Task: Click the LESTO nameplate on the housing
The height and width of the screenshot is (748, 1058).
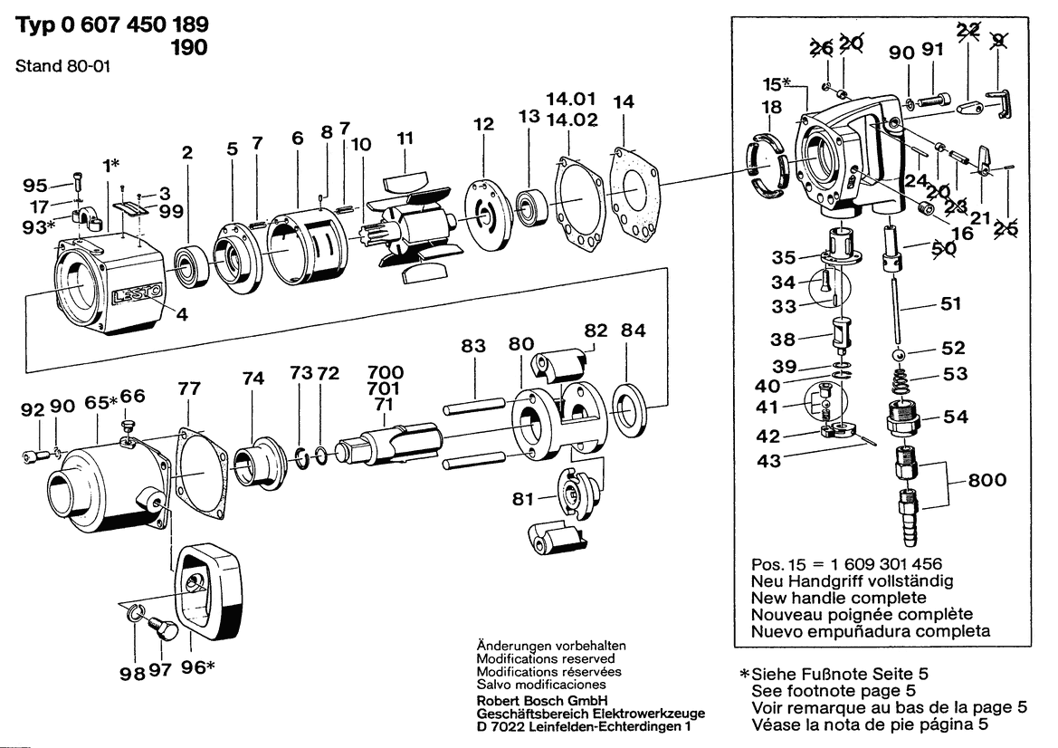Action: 138,293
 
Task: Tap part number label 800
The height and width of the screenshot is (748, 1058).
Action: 987,480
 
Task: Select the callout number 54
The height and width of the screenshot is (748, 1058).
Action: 956,417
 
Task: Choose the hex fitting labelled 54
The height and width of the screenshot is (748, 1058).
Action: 903,417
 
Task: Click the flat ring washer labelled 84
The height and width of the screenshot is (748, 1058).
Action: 630,410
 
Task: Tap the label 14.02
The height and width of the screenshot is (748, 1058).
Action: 572,120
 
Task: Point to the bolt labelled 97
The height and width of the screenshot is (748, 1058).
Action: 162,627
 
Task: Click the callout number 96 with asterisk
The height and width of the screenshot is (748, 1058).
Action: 197,667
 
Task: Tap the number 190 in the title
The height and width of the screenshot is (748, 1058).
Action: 189,47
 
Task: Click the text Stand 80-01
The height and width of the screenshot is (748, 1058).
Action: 62,66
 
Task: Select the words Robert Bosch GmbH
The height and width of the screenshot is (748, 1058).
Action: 542,700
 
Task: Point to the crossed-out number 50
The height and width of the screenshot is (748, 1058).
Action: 943,248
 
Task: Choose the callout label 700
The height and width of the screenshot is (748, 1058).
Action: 386,372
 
